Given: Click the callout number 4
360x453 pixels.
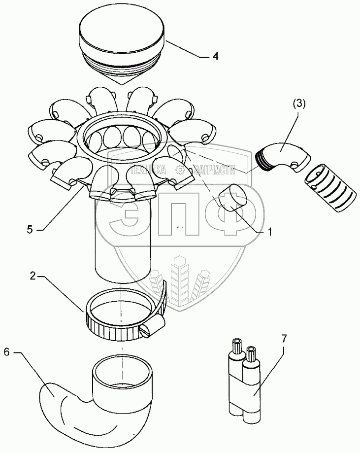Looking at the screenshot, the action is click(215, 57).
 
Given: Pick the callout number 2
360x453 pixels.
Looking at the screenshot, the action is click(33, 277).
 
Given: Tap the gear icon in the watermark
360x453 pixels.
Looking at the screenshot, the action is click(181, 170).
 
